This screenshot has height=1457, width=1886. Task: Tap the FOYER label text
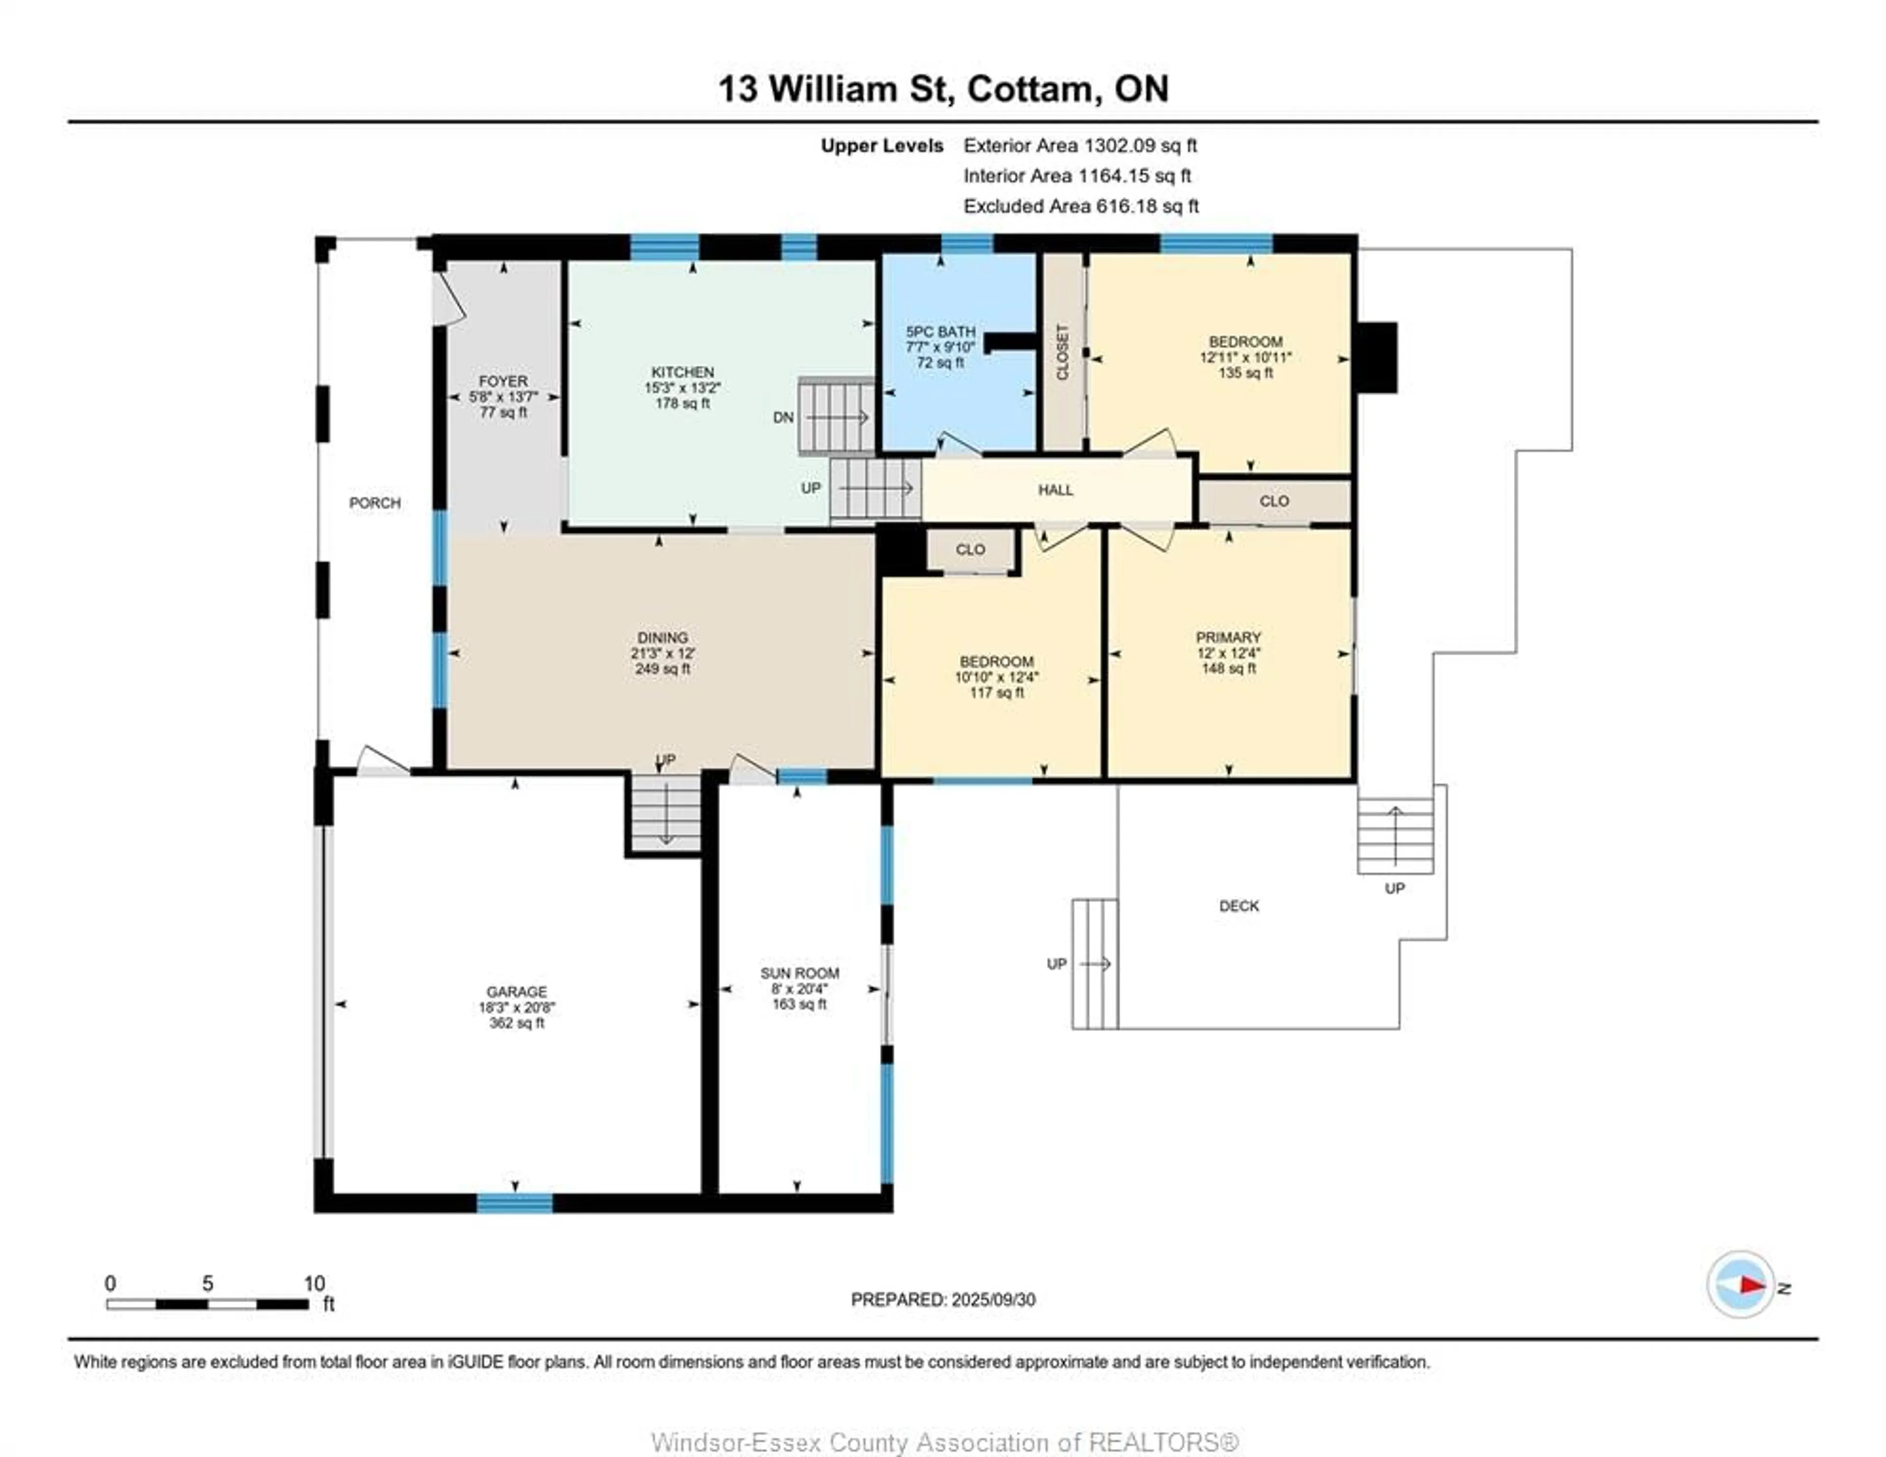pyautogui.click(x=503, y=381)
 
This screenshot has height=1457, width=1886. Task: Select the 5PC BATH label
pyautogui.click(x=941, y=331)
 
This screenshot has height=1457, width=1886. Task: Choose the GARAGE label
pyautogui.click(x=516, y=991)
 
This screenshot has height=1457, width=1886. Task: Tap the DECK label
pyautogui.click(x=1239, y=906)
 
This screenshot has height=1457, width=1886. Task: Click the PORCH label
pyautogui.click(x=375, y=503)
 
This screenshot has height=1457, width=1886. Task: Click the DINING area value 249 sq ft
pyautogui.click(x=663, y=668)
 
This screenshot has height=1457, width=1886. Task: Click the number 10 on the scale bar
pyautogui.click(x=314, y=1283)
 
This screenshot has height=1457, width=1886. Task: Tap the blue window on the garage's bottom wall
pyautogui.click(x=515, y=1203)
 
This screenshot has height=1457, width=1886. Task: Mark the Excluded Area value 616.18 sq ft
pyautogui.click(x=1148, y=206)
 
